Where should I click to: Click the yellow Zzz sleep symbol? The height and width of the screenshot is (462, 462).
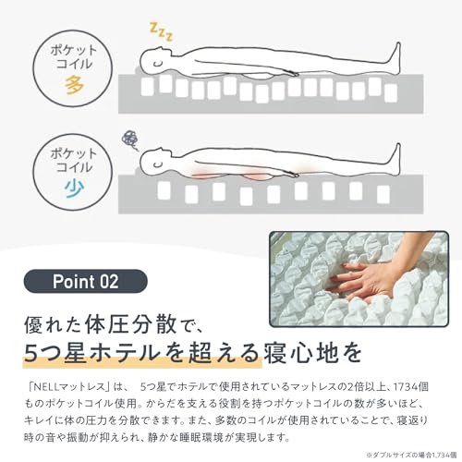pyautogui.click(x=161, y=31)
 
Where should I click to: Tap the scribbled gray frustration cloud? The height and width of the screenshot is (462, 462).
pyautogui.click(x=129, y=140)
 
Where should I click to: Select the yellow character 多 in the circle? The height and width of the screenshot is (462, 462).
pyautogui.click(x=74, y=84)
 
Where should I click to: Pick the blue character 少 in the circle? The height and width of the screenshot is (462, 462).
pyautogui.click(x=74, y=188)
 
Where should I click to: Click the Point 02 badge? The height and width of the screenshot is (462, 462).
pyautogui.click(x=86, y=281)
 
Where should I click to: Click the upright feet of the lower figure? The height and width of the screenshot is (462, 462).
pyautogui.click(x=395, y=159)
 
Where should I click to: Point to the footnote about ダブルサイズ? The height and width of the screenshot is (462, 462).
pyautogui.click(x=411, y=455)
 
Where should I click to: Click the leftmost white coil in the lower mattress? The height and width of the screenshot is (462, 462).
pyautogui.click(x=164, y=189)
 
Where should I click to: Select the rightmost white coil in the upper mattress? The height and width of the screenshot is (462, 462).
pyautogui.click(x=391, y=92)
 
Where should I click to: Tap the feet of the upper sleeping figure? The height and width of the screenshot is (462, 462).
pyautogui.click(x=395, y=58)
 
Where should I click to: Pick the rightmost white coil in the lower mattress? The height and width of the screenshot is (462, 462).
pyautogui.click(x=383, y=194)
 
